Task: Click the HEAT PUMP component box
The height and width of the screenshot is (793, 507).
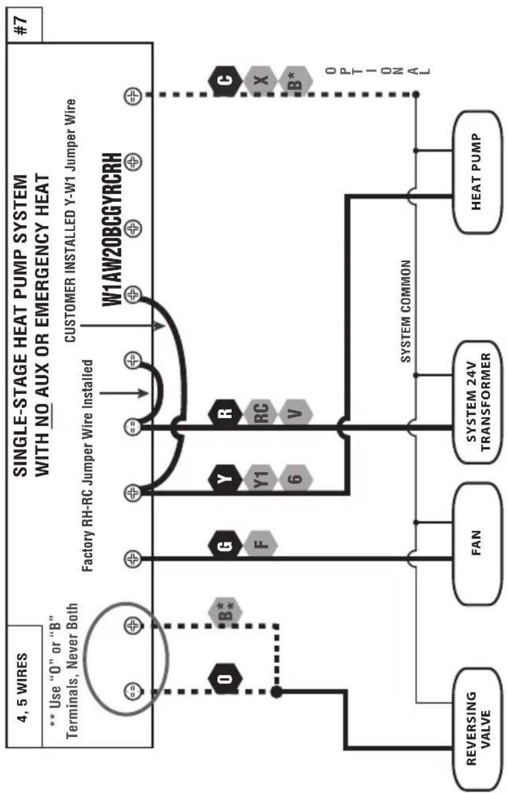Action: tap(477, 172)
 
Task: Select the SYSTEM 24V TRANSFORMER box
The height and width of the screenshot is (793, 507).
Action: tap(477, 402)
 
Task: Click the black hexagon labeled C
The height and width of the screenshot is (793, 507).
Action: tap(225, 81)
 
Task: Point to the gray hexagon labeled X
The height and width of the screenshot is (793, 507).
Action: tap(261, 81)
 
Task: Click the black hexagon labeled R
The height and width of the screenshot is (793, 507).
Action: tap(225, 413)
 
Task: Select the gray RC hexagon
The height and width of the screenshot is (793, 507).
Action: tap(261, 413)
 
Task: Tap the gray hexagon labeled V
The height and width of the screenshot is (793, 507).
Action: tap(296, 413)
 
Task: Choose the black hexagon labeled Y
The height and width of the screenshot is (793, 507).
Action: tap(225, 479)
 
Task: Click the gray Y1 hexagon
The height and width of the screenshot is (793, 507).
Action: tap(261, 479)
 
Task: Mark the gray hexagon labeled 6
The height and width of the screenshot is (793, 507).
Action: tap(296, 479)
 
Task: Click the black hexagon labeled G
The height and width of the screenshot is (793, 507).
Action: tap(225, 545)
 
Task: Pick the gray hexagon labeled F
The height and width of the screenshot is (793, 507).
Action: tap(261, 545)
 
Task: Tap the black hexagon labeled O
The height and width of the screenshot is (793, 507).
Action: tap(225, 679)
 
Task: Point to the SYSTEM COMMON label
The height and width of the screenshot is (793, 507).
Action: tap(406, 311)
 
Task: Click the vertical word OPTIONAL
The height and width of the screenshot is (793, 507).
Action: tap(378, 71)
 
